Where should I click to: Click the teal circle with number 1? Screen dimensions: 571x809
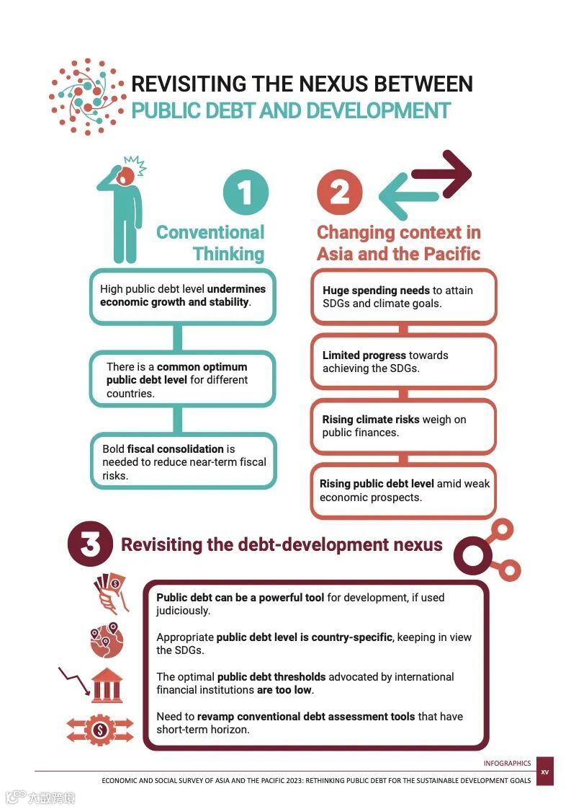pos(246,193)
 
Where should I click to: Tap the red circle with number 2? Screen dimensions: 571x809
pos(339,193)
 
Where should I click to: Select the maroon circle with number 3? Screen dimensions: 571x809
pos(90,544)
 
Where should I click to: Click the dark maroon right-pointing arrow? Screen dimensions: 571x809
pos(441,174)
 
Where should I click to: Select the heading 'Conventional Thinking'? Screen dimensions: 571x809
pos(210,242)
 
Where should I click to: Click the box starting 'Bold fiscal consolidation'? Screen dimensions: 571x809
pos(183,461)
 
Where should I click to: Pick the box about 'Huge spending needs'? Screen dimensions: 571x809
pos(403,297)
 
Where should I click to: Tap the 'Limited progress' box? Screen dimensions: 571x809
pos(403,361)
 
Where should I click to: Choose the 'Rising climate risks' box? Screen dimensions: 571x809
pos(403,426)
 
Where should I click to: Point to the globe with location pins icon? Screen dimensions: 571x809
pos(107,640)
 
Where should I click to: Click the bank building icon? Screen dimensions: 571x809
pos(107,685)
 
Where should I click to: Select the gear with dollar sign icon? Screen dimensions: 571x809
pos(99,730)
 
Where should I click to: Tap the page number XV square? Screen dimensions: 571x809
pos(545,772)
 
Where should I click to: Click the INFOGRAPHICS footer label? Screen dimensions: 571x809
pos(507,763)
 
